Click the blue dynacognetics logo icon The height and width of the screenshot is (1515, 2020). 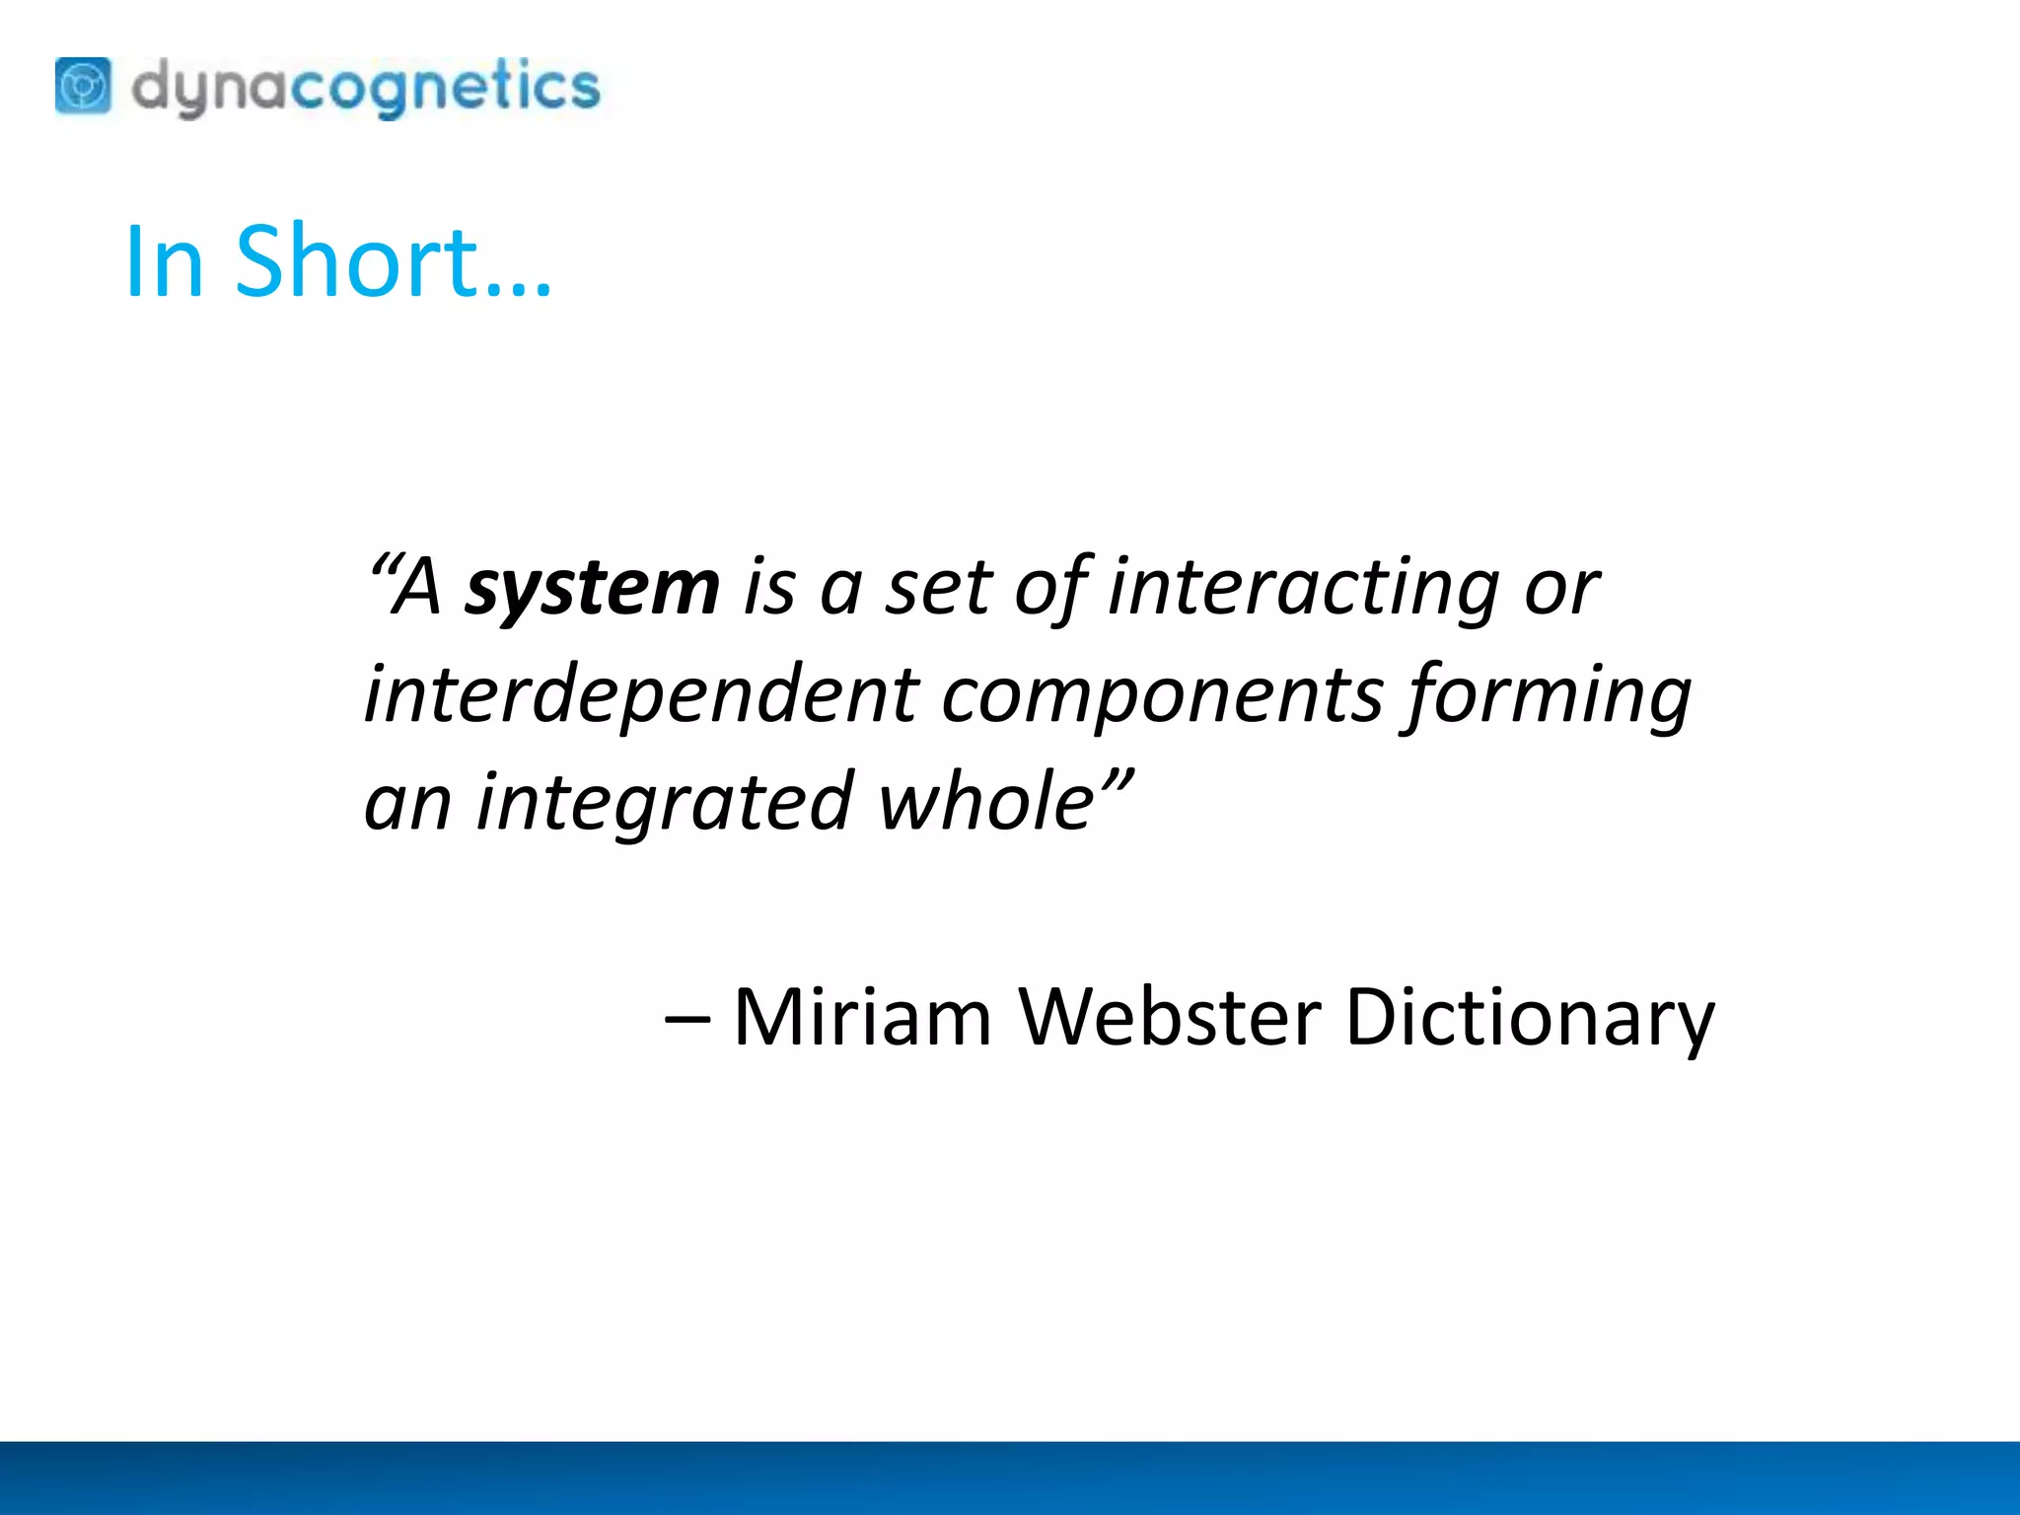(83, 86)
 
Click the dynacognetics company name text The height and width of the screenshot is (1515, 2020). (365, 88)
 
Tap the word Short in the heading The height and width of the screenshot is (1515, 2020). (357, 261)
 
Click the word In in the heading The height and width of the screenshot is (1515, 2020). (164, 261)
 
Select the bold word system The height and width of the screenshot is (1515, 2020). (592, 588)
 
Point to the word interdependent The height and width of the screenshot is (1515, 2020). (641, 694)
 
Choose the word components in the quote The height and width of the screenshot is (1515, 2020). (1163, 696)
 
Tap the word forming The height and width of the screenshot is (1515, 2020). (1549, 696)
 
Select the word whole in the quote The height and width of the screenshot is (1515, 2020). (986, 801)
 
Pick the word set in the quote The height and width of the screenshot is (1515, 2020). (937, 588)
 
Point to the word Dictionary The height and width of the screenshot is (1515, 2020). (1529, 1018)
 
